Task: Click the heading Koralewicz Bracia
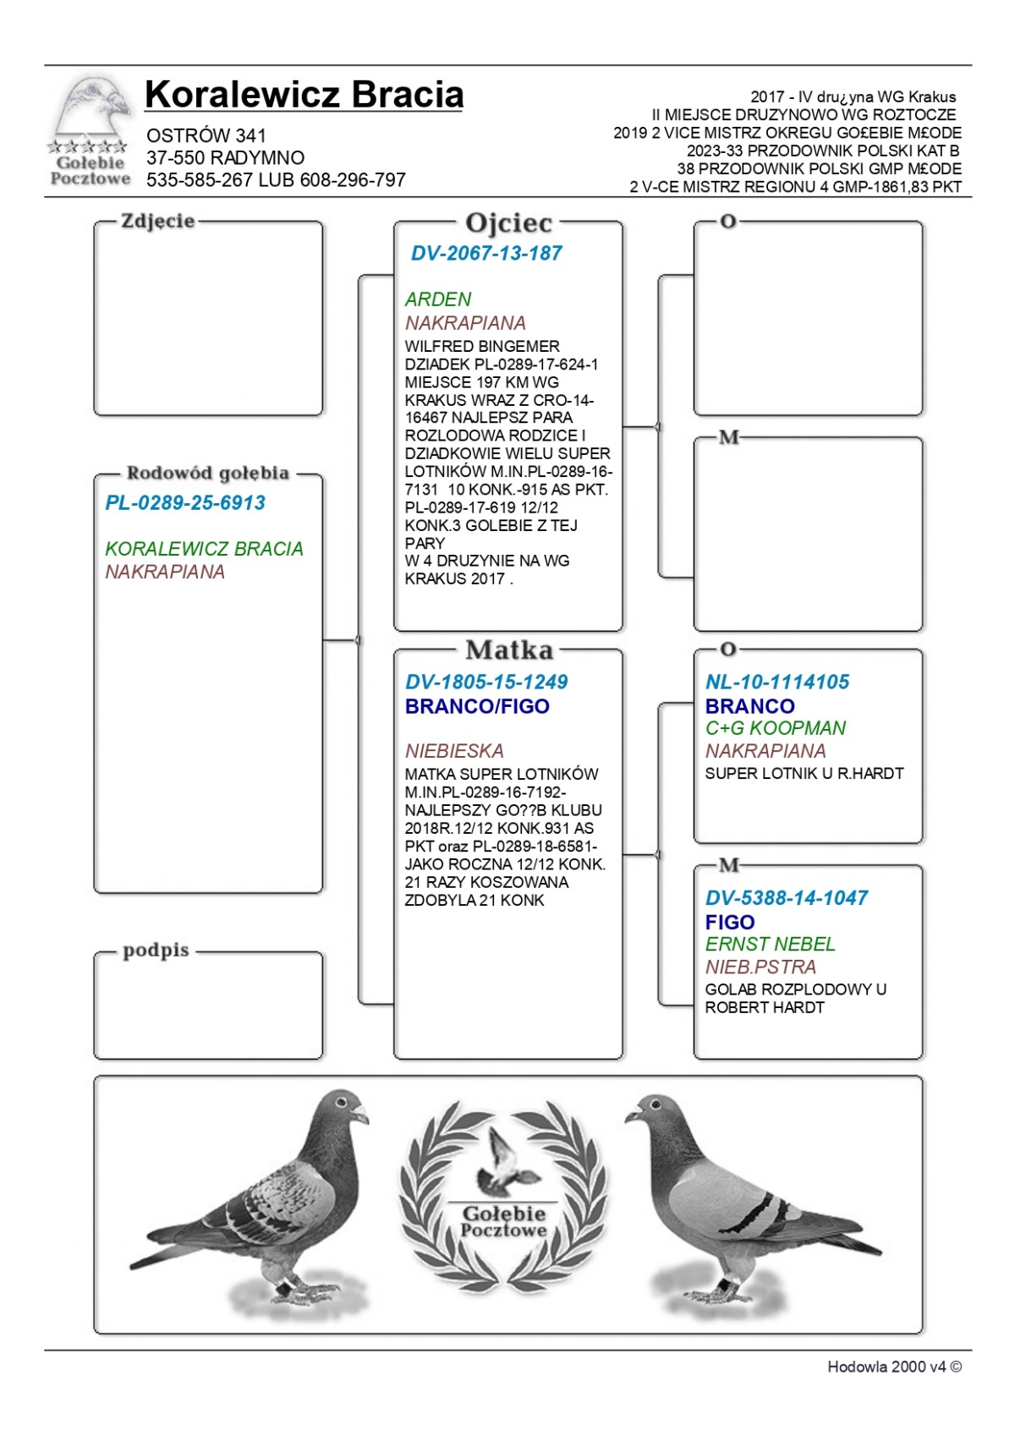coord(304,95)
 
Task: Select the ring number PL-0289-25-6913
coord(185,503)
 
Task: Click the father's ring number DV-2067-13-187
coord(486,253)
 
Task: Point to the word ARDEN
coord(437,299)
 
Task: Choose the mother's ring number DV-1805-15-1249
coord(486,682)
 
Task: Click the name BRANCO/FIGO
coord(477,706)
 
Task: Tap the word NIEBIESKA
coord(454,751)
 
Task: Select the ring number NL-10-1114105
coord(777,682)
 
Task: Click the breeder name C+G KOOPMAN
coord(776,728)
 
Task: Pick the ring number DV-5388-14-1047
coord(787,898)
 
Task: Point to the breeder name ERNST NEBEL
coord(770,944)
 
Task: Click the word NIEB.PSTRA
coord(760,967)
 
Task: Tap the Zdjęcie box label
coord(158,222)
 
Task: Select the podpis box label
coord(156,950)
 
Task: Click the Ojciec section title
coord(508,223)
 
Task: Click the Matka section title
coord(508,649)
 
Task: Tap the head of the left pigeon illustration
coord(343,1108)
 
